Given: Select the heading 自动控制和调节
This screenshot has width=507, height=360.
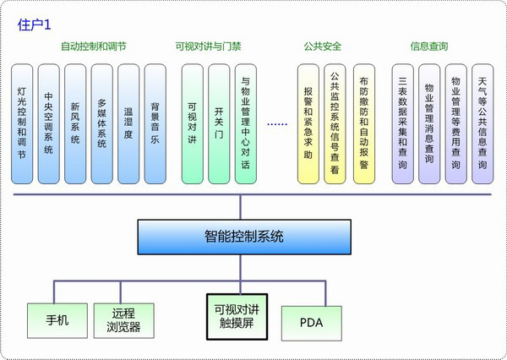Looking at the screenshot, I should [94, 46].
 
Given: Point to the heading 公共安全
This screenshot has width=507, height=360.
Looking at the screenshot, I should [322, 46].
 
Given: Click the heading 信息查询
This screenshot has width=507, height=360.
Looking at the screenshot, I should [428, 46].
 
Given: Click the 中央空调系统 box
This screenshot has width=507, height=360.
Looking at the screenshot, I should [49, 123].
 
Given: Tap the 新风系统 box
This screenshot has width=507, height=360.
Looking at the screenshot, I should [75, 123].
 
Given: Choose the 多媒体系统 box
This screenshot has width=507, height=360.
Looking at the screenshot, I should [101, 123].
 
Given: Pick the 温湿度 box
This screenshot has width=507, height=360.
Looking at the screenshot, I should [128, 123].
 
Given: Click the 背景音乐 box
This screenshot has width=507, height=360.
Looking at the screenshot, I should [154, 123].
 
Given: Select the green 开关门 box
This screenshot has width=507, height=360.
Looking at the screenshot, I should [219, 123].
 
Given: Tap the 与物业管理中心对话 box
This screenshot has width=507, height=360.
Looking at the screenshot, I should [245, 123].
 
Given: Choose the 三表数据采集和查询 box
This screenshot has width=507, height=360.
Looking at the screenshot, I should [402, 123].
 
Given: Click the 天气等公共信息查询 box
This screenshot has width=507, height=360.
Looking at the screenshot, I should [482, 123].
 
